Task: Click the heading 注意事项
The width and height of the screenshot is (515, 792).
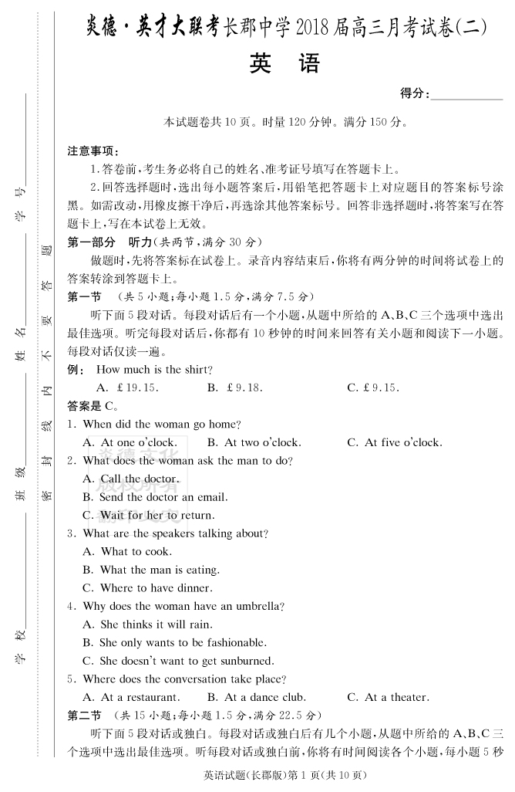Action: [x=93, y=151]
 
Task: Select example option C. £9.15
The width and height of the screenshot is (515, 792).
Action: [x=373, y=388]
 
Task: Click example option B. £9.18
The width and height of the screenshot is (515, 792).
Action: [x=235, y=388]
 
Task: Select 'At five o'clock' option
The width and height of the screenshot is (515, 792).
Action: [x=394, y=442]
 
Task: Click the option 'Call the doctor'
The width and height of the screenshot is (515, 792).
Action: [x=130, y=479]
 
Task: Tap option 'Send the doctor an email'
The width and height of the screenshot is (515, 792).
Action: [x=154, y=497]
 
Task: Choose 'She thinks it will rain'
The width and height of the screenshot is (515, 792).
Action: [x=146, y=624]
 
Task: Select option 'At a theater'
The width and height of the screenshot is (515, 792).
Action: [x=387, y=697]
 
